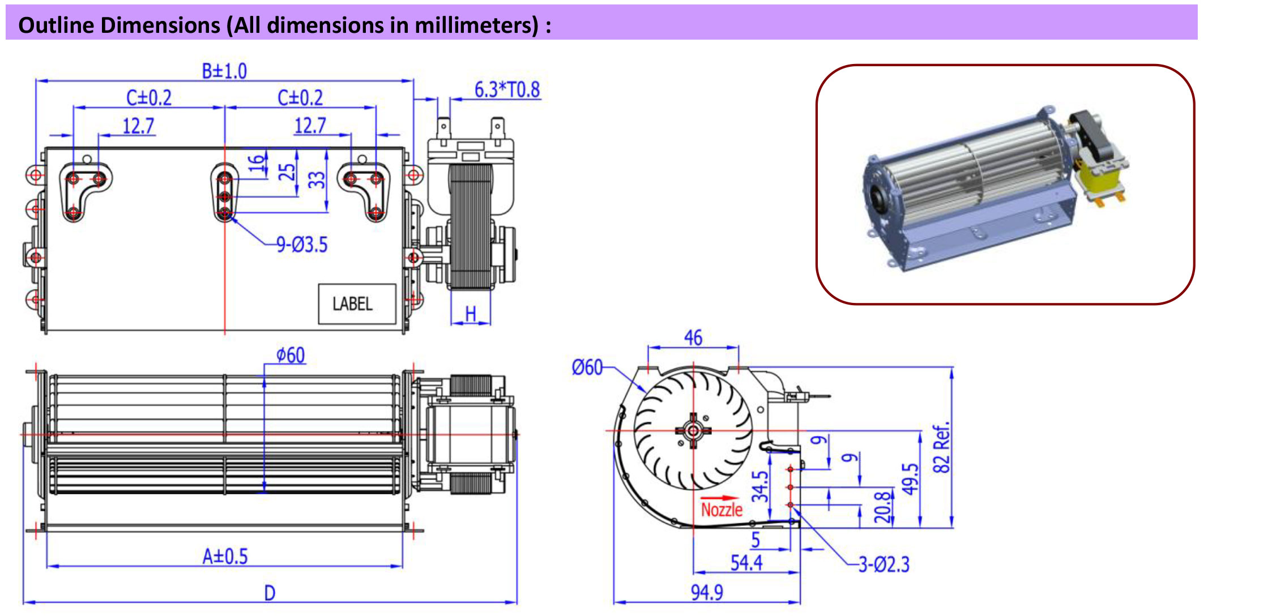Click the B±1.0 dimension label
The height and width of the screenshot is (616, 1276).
224,71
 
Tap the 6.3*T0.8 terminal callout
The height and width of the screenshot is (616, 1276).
507,89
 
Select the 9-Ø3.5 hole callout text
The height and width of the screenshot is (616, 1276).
302,245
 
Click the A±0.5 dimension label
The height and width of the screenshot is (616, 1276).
225,557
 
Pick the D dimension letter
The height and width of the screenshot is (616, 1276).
270,593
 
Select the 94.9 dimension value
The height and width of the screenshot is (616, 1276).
707,592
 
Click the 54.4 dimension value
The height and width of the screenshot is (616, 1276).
746,563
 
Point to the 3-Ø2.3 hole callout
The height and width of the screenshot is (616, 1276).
884,564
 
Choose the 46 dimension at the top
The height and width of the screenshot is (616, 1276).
693,338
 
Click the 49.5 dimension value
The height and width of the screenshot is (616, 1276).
910,479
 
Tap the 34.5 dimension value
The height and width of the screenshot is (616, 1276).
760,486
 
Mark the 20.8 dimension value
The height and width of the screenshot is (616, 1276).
882,507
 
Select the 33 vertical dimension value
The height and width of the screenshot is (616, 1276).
317,180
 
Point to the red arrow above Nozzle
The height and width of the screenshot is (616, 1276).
720,498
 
